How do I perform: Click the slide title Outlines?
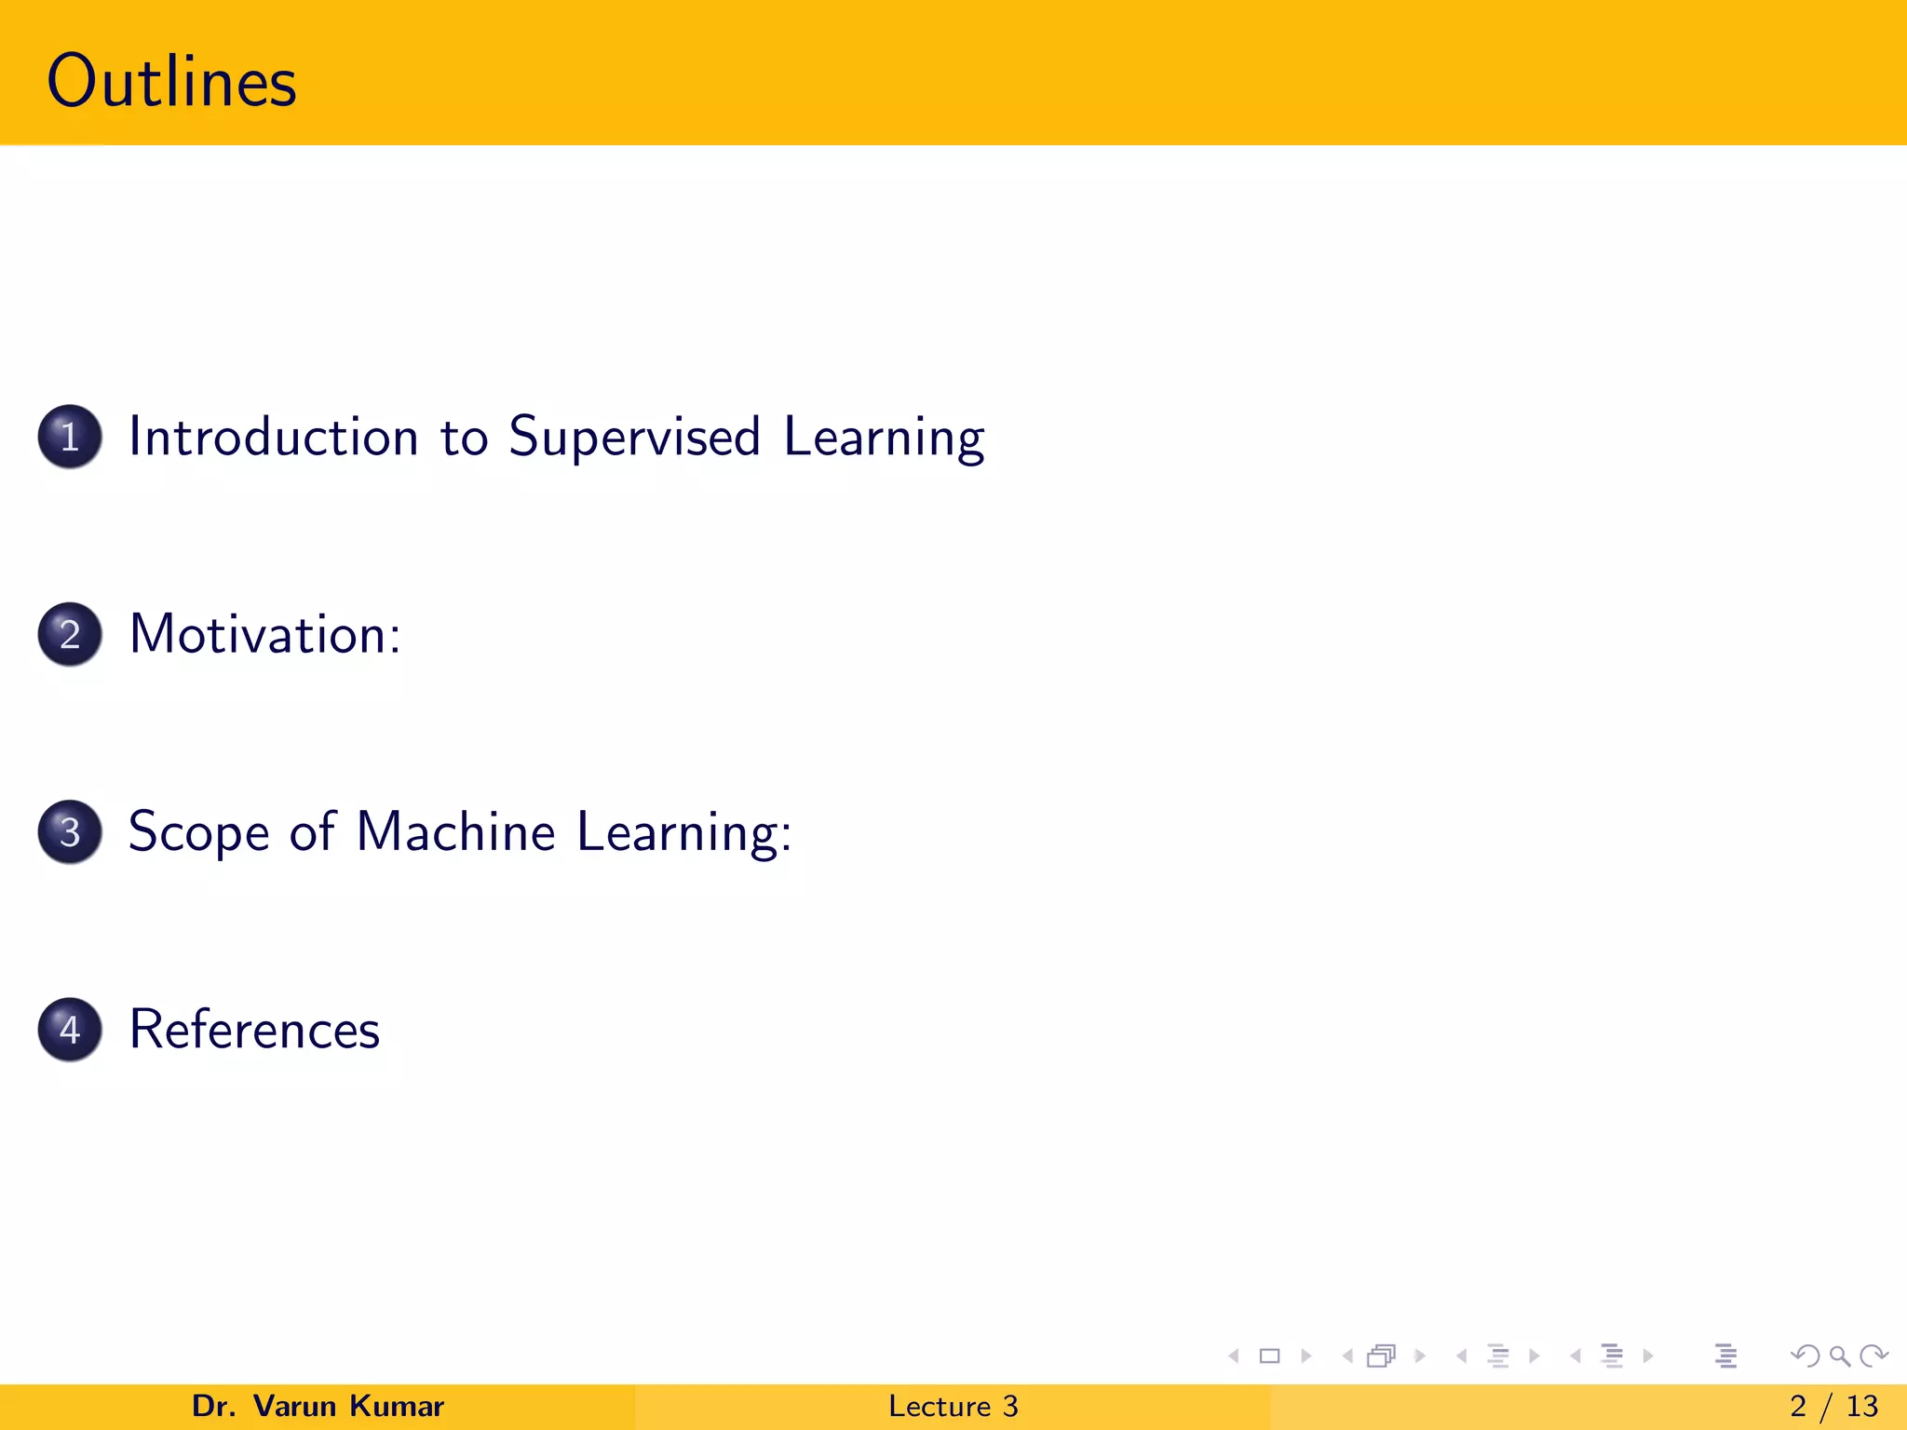click(171, 82)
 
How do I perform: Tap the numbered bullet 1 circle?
click(70, 437)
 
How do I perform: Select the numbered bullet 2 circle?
click(70, 634)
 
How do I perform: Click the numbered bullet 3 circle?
click(70, 831)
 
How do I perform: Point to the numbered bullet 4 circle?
click(70, 1029)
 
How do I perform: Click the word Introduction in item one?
click(273, 437)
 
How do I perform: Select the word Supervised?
click(634, 437)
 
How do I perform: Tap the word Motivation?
click(259, 634)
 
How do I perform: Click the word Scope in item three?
click(198, 831)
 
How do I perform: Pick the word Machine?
click(455, 831)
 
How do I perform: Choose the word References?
click(254, 1029)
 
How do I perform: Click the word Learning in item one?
click(883, 437)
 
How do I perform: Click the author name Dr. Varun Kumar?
click(318, 1406)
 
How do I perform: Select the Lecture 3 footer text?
click(953, 1406)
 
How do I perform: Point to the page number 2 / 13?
click(1833, 1406)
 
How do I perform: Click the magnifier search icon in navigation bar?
click(1839, 1356)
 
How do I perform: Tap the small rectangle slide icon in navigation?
click(1269, 1356)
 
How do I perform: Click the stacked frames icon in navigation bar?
click(1382, 1356)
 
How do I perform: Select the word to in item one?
click(464, 437)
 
